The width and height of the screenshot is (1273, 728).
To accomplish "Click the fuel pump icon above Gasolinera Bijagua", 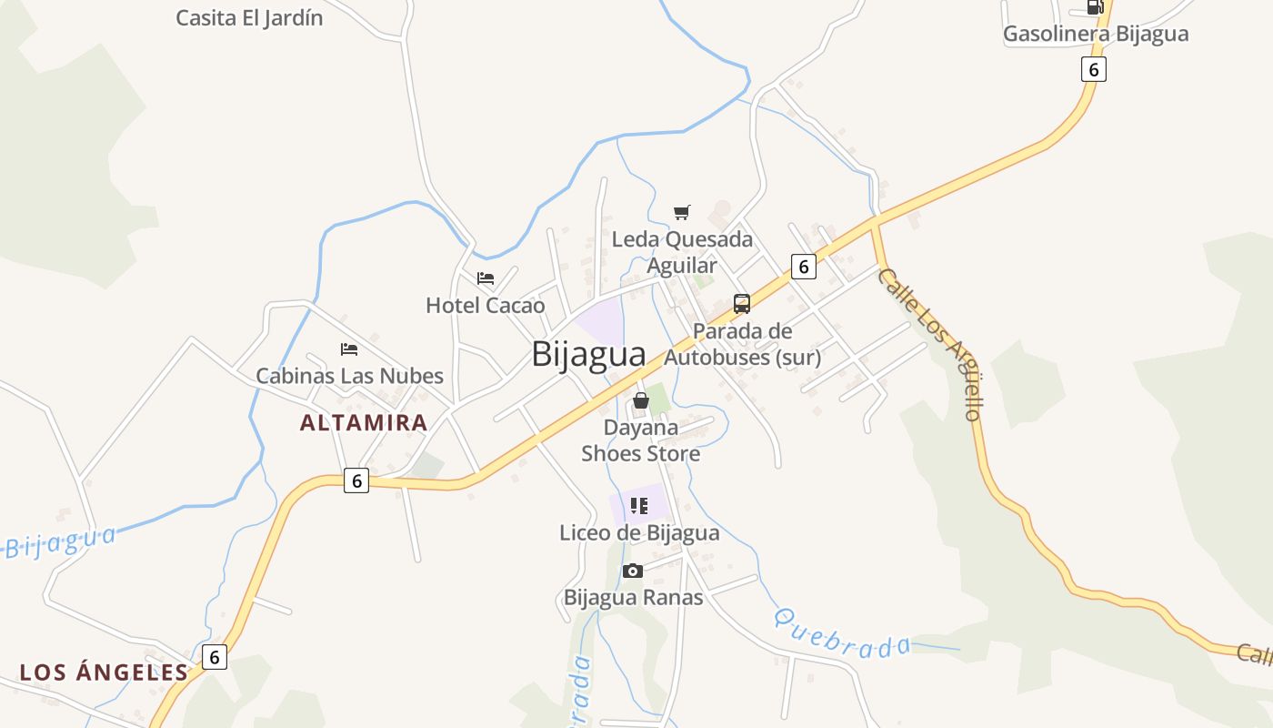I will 1095,7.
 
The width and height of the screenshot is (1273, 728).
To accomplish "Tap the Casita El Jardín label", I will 249,18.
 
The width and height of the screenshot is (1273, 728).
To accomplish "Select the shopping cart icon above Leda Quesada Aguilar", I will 682,213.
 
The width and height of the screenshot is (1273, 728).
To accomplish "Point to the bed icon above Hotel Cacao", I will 486,278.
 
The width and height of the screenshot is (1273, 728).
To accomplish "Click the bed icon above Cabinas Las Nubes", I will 349,349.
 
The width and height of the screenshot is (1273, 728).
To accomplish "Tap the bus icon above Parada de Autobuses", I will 742,304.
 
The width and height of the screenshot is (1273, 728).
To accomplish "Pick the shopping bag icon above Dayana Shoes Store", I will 641,400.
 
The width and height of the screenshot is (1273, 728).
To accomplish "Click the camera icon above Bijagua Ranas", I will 633,571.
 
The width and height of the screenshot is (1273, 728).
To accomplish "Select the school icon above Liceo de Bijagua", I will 639,506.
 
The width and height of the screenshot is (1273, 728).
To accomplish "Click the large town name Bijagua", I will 588,354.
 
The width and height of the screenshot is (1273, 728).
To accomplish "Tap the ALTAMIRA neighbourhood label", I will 364,423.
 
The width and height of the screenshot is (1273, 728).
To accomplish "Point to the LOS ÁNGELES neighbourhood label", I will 104,672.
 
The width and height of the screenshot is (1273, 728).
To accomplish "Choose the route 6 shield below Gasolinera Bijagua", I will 1094,69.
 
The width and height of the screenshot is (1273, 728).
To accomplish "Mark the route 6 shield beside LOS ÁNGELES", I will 215,656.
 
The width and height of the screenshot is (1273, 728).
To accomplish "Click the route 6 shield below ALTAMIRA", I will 356,481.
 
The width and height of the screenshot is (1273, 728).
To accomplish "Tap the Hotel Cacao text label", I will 486,306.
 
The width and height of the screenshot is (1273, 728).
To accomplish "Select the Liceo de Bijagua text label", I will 639,533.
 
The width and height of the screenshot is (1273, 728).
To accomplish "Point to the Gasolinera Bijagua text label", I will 1096,35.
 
